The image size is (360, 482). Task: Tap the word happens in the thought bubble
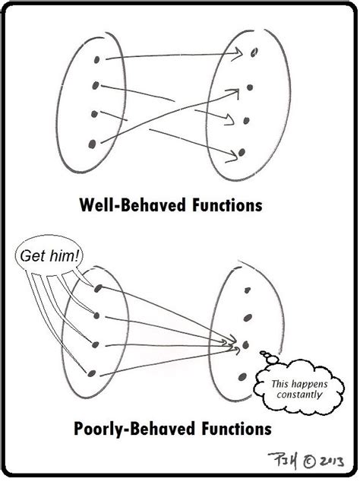pos(308,382)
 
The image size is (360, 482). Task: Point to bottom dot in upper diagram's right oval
pos(242,153)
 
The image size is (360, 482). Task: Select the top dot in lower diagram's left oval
pos(99,287)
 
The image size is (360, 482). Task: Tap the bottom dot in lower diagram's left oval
pos(92,372)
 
